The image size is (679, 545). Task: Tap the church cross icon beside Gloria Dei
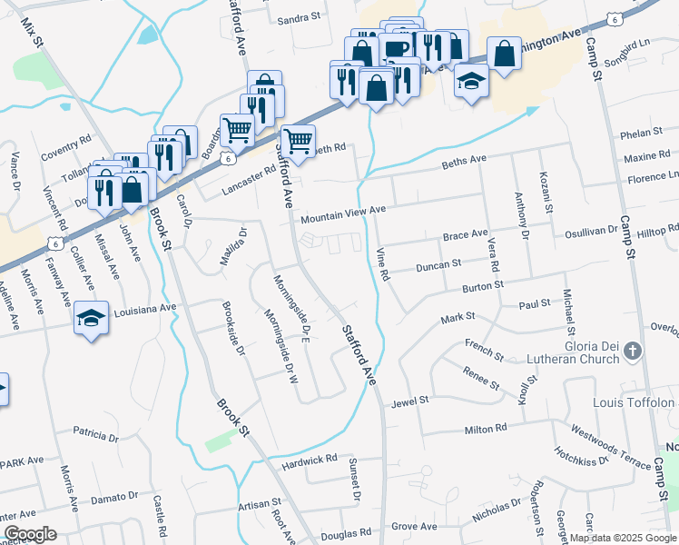pyautogui.click(x=634, y=351)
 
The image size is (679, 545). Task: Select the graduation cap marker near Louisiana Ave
pyautogui.click(x=91, y=319)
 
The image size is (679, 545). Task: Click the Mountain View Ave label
pyautogui.click(x=343, y=215)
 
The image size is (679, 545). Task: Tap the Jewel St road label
pyautogui.click(x=409, y=401)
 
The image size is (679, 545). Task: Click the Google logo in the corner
pyautogui.click(x=30, y=533)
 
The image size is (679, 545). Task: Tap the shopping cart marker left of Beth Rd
pyautogui.click(x=298, y=141)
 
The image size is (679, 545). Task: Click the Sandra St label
pyautogui.click(x=300, y=17)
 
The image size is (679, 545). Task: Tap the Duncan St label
pyautogui.click(x=438, y=265)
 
